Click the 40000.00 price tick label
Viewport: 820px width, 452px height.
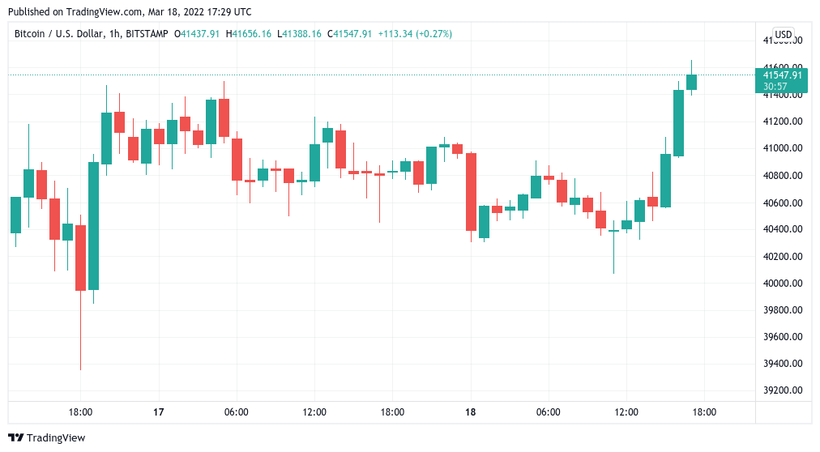[782, 284]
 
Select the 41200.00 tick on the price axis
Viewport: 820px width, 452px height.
[782, 122]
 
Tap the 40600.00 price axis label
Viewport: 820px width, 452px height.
[782, 203]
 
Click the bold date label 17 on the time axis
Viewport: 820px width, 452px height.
[159, 412]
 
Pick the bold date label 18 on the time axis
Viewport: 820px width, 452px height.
[471, 412]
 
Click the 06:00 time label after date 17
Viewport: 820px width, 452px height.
[237, 412]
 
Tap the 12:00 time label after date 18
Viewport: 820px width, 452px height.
[626, 412]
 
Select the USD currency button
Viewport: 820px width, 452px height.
[783, 34]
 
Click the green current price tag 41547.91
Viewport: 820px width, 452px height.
[782, 75]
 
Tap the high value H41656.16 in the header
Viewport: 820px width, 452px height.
[250, 34]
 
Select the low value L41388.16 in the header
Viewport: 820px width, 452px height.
[299, 34]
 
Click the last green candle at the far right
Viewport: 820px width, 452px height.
[691, 82]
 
